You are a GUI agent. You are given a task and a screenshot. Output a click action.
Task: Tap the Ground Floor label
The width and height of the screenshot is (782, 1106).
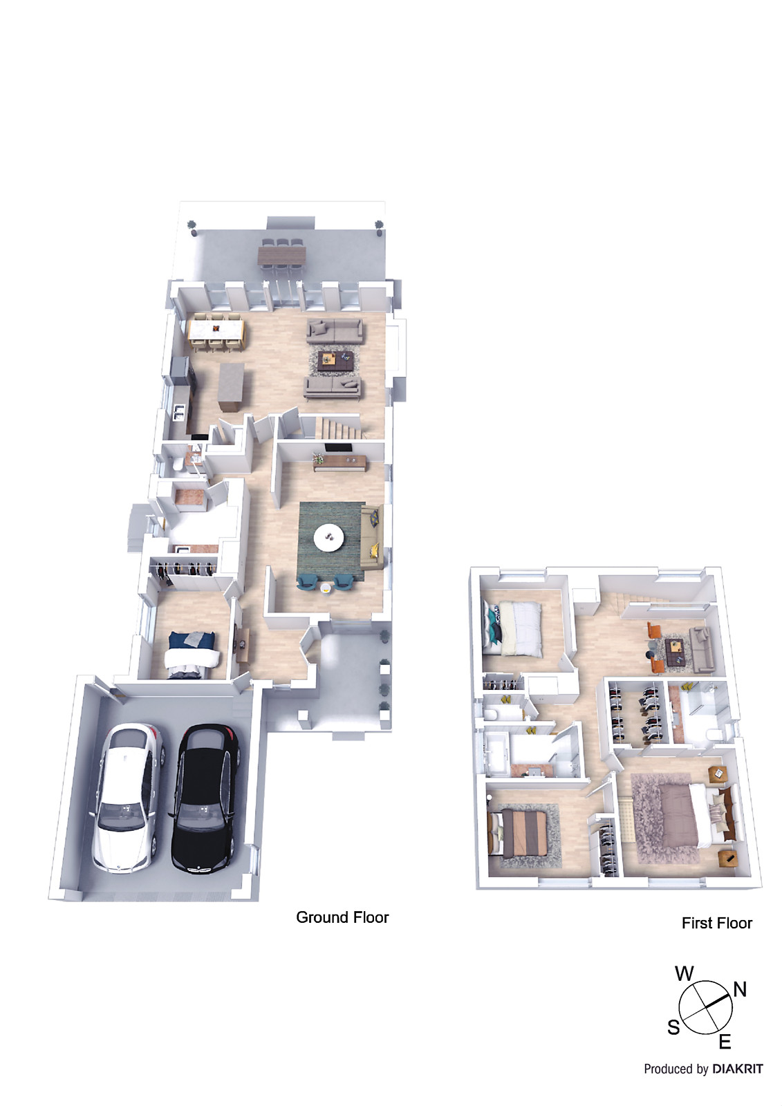click(x=342, y=917)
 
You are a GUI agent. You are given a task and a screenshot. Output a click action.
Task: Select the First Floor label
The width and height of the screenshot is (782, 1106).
click(x=716, y=923)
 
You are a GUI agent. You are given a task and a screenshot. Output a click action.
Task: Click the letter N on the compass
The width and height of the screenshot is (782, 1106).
click(x=740, y=989)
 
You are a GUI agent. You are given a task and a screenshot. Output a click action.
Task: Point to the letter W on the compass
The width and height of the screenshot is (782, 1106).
click(x=684, y=974)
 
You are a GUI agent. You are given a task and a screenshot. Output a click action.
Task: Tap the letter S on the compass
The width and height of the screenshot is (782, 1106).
click(x=673, y=1028)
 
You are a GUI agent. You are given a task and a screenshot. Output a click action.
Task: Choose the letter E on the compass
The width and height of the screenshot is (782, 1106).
click(x=725, y=1042)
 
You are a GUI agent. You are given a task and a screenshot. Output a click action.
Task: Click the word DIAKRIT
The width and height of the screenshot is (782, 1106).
click(x=737, y=1069)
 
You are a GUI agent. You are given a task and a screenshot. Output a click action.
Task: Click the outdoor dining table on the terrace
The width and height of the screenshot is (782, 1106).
click(x=281, y=255)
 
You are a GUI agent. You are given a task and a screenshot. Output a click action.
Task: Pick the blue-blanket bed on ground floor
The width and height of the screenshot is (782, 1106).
click(x=192, y=650)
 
